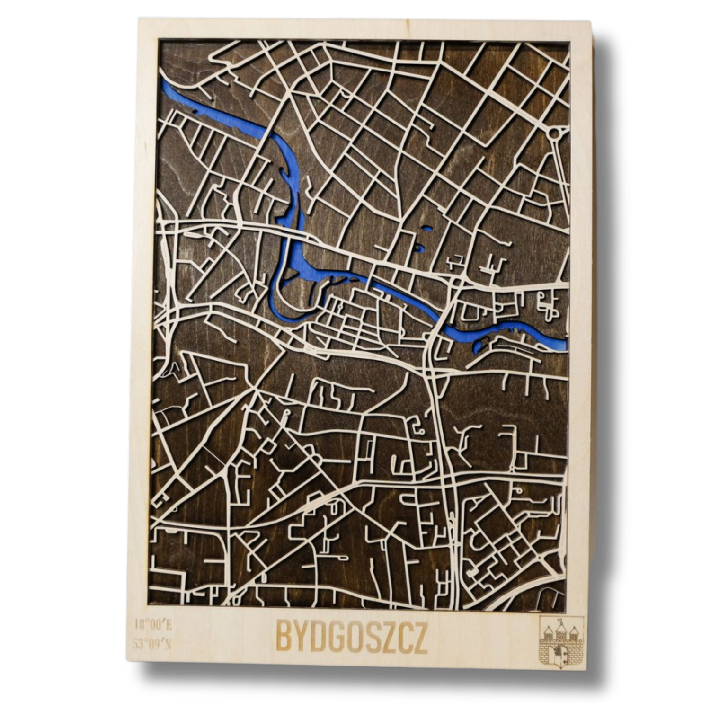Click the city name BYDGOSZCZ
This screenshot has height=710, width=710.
tap(351, 638)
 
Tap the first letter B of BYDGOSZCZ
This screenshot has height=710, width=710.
tap(284, 638)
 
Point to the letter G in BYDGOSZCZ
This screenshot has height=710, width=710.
tap(334, 638)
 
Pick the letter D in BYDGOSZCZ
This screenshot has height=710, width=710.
tap(317, 638)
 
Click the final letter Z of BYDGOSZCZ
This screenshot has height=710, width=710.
tap(420, 638)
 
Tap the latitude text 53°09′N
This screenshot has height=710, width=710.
tap(153, 645)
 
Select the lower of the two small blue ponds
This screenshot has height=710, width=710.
tap(419, 247)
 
